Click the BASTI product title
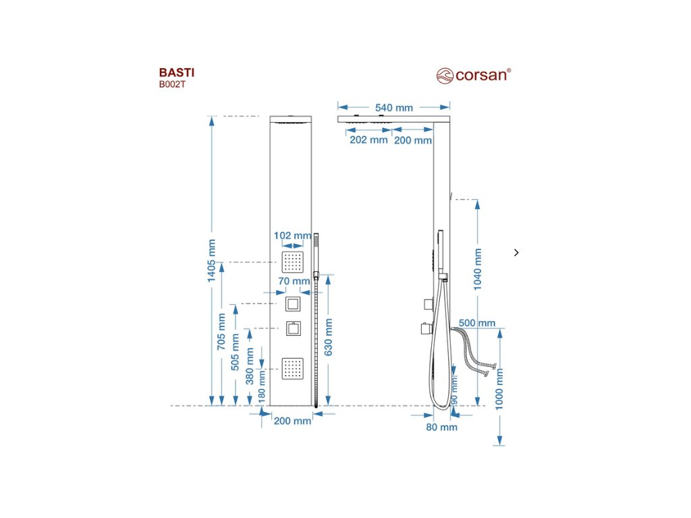coord(172,72)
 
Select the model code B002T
coord(171,84)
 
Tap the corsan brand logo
coord(473,74)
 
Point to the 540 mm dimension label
coord(395,107)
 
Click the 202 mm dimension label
coord(368,140)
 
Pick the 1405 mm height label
coord(211,262)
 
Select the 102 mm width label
coord(292,235)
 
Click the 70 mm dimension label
coord(294,281)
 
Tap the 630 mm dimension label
coord(328,337)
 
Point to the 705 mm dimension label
coord(221,330)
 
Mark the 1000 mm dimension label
coord(499,388)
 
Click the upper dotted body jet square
coord(293,261)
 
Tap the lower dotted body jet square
coord(293,368)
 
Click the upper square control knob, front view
coord(293,304)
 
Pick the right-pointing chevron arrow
coord(516,252)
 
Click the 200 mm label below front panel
coord(292,420)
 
